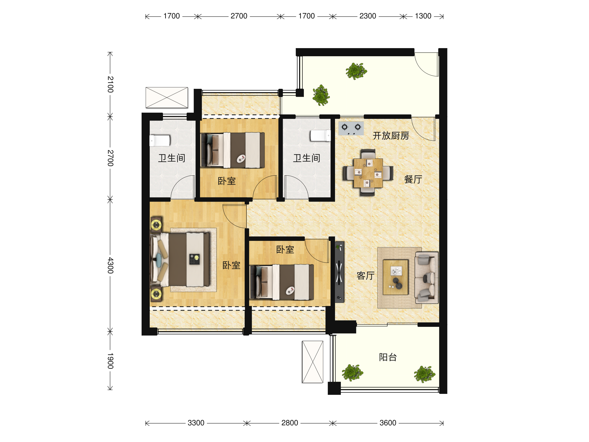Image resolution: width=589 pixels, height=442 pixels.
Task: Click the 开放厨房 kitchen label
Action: (x=391, y=136)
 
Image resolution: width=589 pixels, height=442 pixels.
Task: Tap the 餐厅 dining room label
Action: (x=413, y=179)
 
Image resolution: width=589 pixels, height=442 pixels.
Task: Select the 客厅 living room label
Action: (x=365, y=276)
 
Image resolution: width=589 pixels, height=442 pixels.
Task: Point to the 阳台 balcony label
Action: (x=388, y=357)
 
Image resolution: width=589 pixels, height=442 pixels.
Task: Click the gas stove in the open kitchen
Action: (x=351, y=128)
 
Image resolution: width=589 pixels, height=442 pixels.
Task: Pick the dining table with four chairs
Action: (x=368, y=173)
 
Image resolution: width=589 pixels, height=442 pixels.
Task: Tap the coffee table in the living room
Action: (x=395, y=277)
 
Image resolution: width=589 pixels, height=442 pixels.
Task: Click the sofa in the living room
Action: (x=426, y=278)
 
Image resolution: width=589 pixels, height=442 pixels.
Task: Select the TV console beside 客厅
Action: (x=339, y=272)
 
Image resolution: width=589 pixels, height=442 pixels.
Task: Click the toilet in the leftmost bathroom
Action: (x=160, y=141)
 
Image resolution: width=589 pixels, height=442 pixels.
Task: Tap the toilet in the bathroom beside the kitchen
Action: (x=320, y=135)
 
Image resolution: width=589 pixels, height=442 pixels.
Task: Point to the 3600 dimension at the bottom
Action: (x=388, y=423)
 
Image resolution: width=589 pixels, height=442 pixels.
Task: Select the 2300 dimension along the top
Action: (x=367, y=16)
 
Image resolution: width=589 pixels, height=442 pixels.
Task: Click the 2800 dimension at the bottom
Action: (x=289, y=423)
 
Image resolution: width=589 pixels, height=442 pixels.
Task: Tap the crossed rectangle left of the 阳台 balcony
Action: (x=313, y=362)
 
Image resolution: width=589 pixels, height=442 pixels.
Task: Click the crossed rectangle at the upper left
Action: (x=167, y=97)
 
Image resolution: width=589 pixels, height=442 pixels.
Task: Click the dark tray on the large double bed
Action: (x=194, y=259)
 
